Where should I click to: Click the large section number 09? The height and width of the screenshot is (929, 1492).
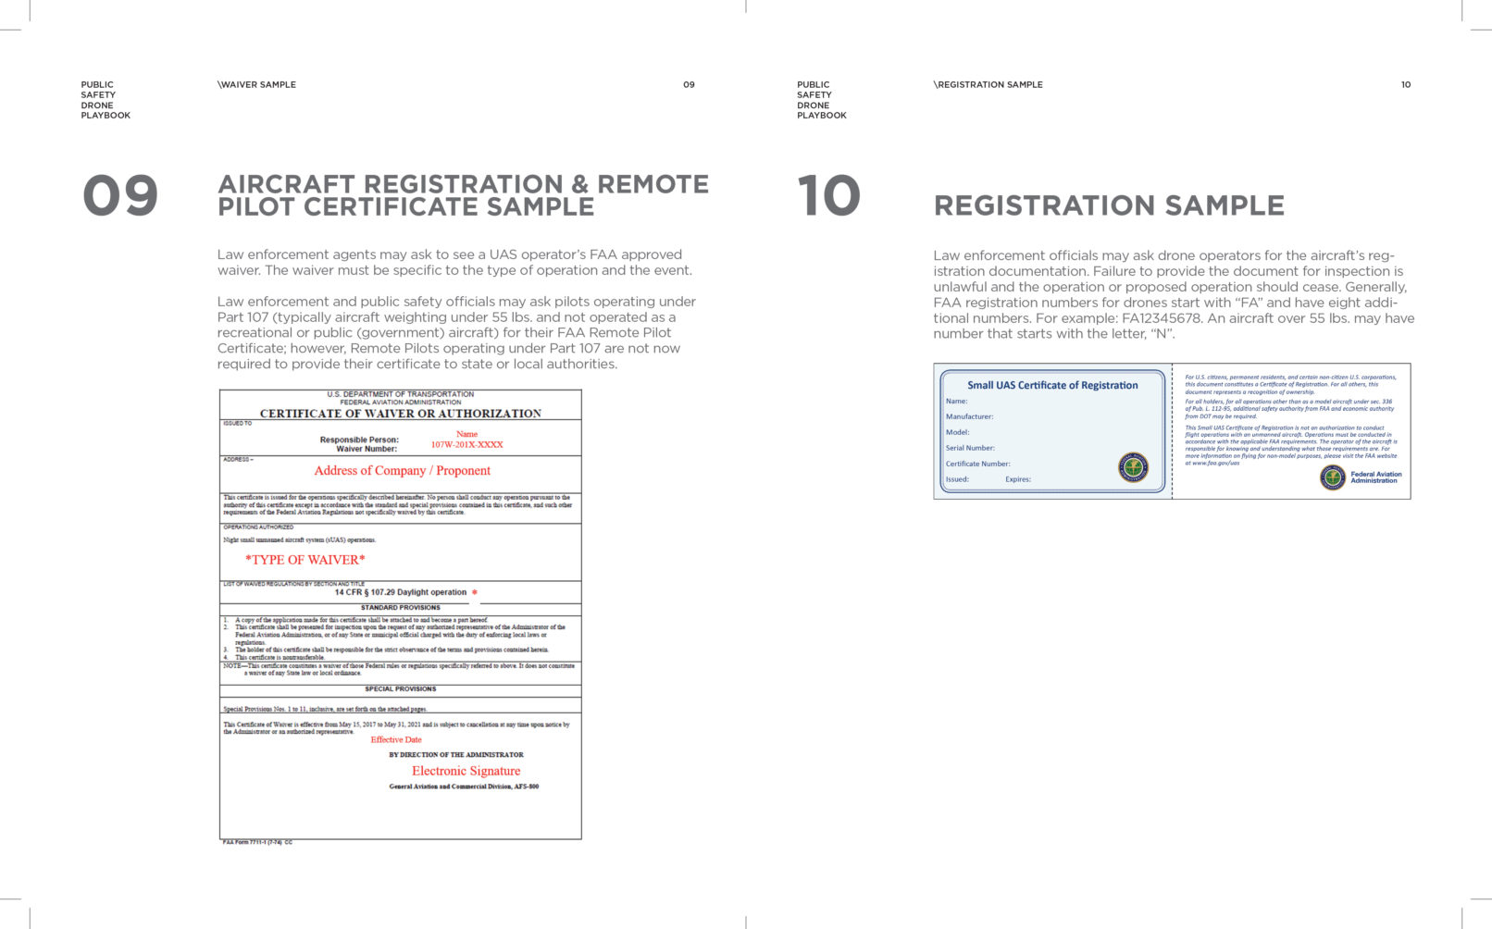click(x=120, y=196)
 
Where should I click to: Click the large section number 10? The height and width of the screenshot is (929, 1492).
click(x=828, y=196)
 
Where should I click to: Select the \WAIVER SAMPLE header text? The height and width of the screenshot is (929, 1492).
click(x=257, y=84)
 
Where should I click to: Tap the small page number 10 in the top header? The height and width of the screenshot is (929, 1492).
click(x=1405, y=84)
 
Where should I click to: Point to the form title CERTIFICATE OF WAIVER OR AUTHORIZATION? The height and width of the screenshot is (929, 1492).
click(x=400, y=414)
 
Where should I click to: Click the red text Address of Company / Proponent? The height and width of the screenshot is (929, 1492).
click(x=402, y=471)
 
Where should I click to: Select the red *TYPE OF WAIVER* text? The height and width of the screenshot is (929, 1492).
click(x=305, y=560)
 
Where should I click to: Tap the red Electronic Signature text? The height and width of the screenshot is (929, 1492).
click(x=466, y=771)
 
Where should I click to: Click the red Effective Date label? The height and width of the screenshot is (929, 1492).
click(x=396, y=739)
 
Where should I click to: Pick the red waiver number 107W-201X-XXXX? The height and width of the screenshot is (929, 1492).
click(x=466, y=445)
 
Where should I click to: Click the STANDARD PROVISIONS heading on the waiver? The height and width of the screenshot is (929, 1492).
click(x=400, y=608)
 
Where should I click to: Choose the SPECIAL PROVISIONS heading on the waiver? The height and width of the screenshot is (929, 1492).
click(x=400, y=689)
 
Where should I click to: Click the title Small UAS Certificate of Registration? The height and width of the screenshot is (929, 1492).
click(x=1052, y=385)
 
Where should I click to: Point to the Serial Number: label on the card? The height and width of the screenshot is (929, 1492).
click(x=970, y=448)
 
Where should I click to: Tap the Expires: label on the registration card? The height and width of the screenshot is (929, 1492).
click(x=1017, y=479)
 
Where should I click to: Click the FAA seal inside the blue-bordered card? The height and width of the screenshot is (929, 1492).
click(x=1133, y=467)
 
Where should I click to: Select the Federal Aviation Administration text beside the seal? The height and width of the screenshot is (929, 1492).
click(x=1375, y=477)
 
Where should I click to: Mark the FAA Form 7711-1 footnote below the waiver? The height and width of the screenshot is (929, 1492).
click(x=257, y=842)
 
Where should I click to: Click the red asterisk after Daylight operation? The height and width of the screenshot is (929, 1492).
click(x=475, y=593)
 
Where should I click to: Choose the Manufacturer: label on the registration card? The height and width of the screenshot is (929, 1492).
click(x=969, y=416)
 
